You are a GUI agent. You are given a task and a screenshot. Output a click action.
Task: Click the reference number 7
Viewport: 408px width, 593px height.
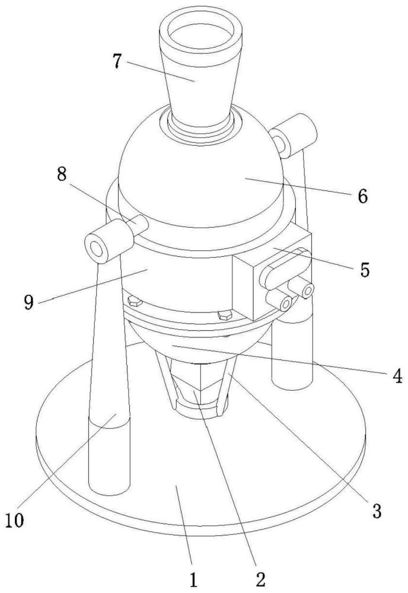119,60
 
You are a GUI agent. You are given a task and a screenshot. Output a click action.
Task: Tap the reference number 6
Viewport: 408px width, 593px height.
362,196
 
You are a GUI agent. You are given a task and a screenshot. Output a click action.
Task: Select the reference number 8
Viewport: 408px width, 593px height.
62,175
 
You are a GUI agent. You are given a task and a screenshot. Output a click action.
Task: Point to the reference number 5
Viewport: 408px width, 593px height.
364,270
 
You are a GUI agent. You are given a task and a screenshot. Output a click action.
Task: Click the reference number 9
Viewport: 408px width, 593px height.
28,302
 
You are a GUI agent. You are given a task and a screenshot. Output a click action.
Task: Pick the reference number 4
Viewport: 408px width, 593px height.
397,377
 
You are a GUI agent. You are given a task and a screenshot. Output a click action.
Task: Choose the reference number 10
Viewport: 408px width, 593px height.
14,520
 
